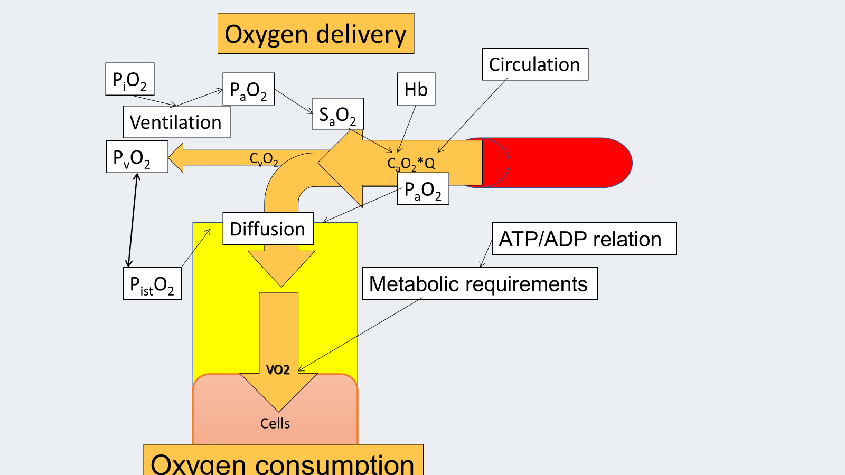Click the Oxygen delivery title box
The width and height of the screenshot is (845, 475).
pyautogui.click(x=316, y=34)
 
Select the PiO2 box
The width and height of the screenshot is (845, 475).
pyautogui.click(x=130, y=79)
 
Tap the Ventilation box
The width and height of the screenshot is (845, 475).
pyautogui.click(x=176, y=122)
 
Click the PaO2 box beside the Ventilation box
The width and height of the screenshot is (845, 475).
pyautogui.click(x=248, y=89)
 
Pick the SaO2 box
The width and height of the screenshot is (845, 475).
pyautogui.click(x=338, y=114)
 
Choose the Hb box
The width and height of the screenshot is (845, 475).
pyautogui.click(x=416, y=89)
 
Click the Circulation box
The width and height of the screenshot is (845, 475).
pyautogui.click(x=535, y=64)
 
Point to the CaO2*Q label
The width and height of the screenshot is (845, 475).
pyautogui.click(x=411, y=163)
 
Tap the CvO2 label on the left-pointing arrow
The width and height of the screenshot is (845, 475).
pyautogui.click(x=264, y=158)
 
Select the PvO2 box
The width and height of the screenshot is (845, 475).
pyautogui.click(x=137, y=157)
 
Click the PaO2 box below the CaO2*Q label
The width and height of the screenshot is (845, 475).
pyautogui.click(x=423, y=189)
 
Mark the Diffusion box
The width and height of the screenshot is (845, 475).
pyautogui.click(x=268, y=229)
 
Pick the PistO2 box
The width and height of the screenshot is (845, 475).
pyautogui.click(x=152, y=284)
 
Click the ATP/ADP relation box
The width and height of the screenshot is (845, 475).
pyautogui.click(x=584, y=239)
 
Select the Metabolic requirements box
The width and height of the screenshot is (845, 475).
pyautogui.click(x=480, y=284)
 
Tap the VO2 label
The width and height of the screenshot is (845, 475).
pyautogui.click(x=278, y=369)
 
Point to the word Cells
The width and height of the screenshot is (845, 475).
pyautogui.click(x=275, y=423)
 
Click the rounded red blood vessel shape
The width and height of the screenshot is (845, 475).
pyautogui.click(x=560, y=163)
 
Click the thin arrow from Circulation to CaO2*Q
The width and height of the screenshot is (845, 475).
pyautogui.click(x=473, y=116)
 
